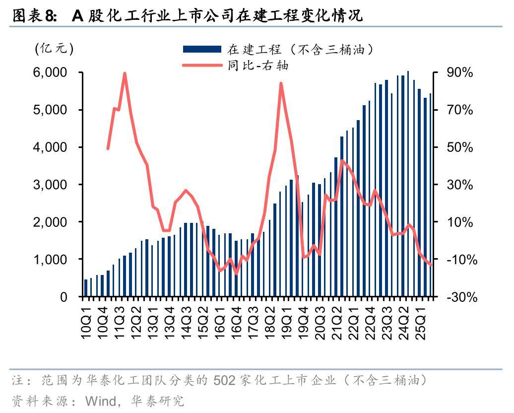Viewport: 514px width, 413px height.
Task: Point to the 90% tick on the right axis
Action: (459, 72)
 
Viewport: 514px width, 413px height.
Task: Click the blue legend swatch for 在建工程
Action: (201, 49)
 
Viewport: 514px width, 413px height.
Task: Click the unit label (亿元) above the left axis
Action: (54, 49)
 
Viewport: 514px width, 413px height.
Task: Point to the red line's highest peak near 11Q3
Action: (125, 73)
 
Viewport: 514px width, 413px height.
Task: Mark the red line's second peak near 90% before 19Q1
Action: (281, 83)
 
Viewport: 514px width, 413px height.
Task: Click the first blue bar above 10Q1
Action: (86, 288)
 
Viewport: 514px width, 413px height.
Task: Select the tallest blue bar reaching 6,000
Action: (408, 184)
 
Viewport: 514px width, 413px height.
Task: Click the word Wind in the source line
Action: (101, 401)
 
